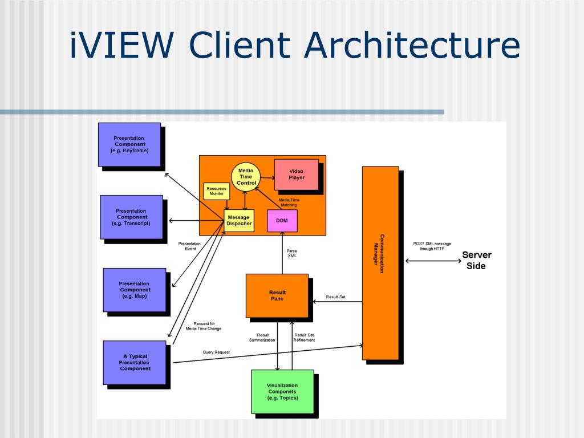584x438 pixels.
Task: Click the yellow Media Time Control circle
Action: click(246, 176)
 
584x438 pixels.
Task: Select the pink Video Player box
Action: click(296, 174)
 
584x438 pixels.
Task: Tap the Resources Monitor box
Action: click(216, 191)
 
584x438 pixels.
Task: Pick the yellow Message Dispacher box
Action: click(238, 220)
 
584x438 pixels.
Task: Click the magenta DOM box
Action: click(282, 221)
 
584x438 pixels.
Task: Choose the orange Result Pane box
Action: click(277, 295)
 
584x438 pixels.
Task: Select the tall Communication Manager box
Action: click(380, 262)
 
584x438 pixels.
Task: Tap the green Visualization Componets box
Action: click(282, 391)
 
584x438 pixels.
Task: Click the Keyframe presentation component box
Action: click(129, 144)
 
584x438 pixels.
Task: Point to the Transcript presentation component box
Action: click(131, 217)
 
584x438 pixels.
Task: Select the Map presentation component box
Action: click(135, 290)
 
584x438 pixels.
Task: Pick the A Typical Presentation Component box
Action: click(135, 362)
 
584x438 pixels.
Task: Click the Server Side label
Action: click(476, 260)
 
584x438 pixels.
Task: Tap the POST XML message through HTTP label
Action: click(432, 246)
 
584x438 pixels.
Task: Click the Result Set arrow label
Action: click(335, 297)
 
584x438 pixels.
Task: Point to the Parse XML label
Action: click(291, 253)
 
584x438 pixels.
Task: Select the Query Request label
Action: click(216, 352)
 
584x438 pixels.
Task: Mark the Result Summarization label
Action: click(263, 338)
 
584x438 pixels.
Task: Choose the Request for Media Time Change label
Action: click(204, 326)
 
